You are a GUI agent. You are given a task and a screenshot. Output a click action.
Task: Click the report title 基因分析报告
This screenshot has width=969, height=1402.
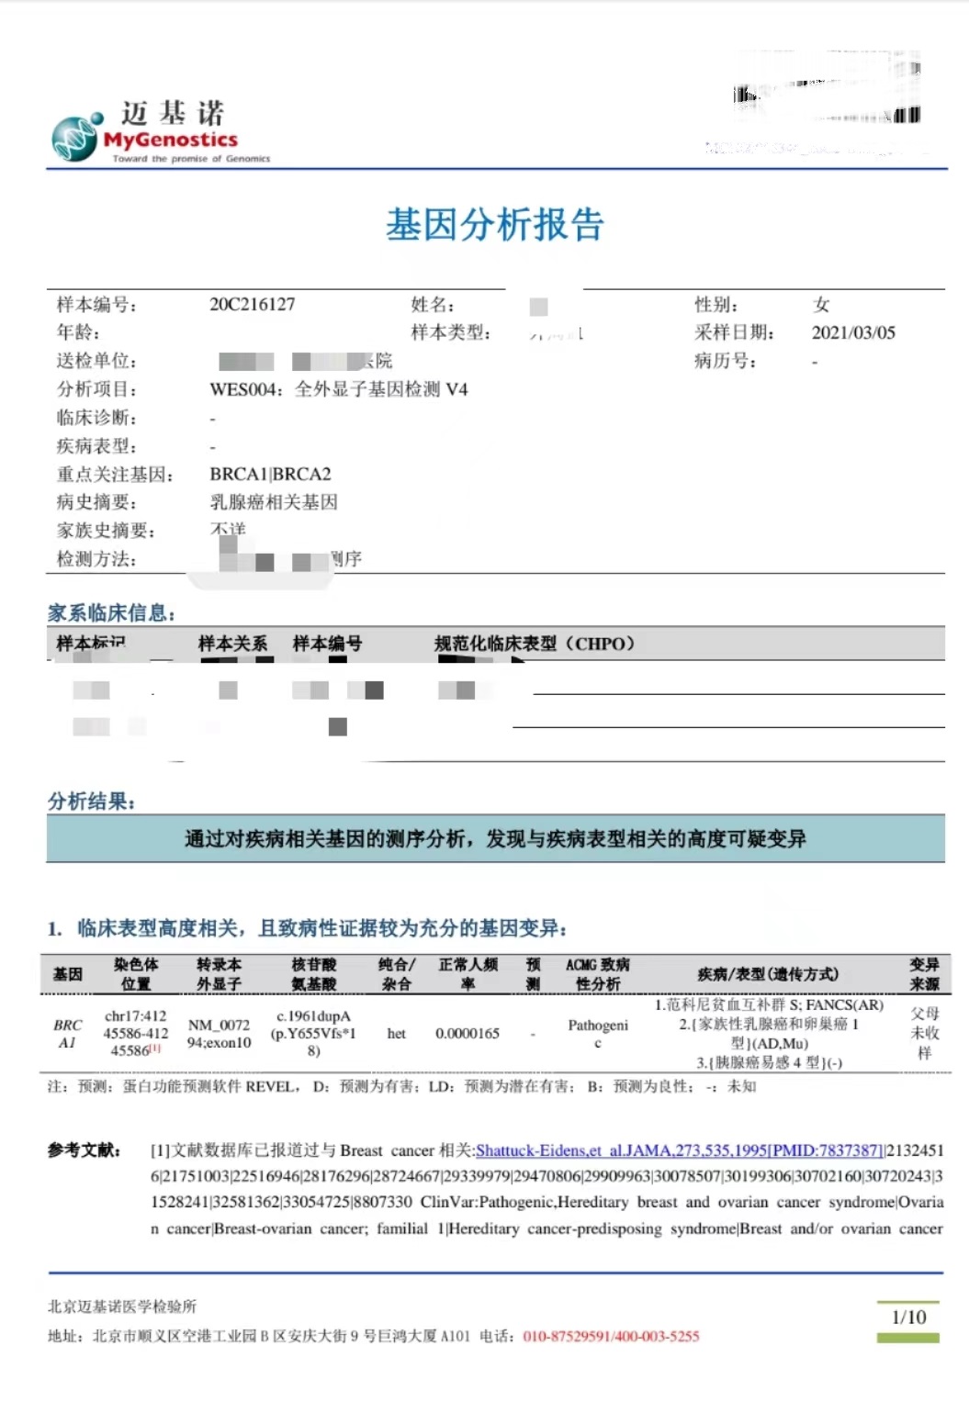pyautogui.click(x=494, y=225)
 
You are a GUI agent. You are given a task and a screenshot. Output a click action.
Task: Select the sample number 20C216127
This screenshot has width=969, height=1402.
pyautogui.click(x=253, y=305)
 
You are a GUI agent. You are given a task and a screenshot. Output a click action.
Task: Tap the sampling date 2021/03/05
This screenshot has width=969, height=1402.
pyautogui.click(x=852, y=332)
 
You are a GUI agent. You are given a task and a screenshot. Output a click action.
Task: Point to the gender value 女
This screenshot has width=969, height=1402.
pyautogui.click(x=821, y=305)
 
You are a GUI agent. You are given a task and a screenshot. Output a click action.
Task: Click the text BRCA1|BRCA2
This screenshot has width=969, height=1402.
pyautogui.click(x=270, y=475)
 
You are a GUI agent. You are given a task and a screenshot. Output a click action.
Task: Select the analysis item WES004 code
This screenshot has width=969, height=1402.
pyautogui.click(x=243, y=389)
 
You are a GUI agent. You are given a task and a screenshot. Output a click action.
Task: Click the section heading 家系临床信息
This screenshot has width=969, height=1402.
pyautogui.click(x=111, y=613)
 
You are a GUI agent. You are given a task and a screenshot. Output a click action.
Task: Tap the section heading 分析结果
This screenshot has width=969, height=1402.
pyautogui.click(x=91, y=802)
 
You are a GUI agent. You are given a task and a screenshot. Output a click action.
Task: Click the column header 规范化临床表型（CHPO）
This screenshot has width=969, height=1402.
pyautogui.click(x=535, y=644)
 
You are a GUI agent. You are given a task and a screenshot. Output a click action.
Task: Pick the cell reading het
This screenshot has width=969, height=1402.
pyautogui.click(x=397, y=1034)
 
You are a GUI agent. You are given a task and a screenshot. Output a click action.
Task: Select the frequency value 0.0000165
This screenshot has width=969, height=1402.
pyautogui.click(x=468, y=1034)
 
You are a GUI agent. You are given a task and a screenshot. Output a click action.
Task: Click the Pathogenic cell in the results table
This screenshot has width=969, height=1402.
pyautogui.click(x=598, y=1034)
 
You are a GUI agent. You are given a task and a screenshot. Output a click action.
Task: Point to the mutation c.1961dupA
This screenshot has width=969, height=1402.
pyautogui.click(x=313, y=1016)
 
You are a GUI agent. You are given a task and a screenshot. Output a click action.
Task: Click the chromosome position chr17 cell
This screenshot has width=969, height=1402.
pyautogui.click(x=136, y=1033)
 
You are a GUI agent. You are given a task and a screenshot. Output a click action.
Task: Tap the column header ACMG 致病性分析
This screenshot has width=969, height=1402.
pyautogui.click(x=598, y=974)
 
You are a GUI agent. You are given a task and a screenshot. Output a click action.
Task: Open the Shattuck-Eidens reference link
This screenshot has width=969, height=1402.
pyautogui.click(x=680, y=1150)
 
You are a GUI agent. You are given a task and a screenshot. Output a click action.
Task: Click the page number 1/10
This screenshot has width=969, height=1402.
pyautogui.click(x=909, y=1317)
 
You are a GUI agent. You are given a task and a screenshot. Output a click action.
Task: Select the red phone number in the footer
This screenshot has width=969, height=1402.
pyautogui.click(x=611, y=1337)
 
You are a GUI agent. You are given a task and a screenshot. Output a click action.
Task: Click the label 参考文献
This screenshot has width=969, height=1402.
pyautogui.click(x=85, y=1150)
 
